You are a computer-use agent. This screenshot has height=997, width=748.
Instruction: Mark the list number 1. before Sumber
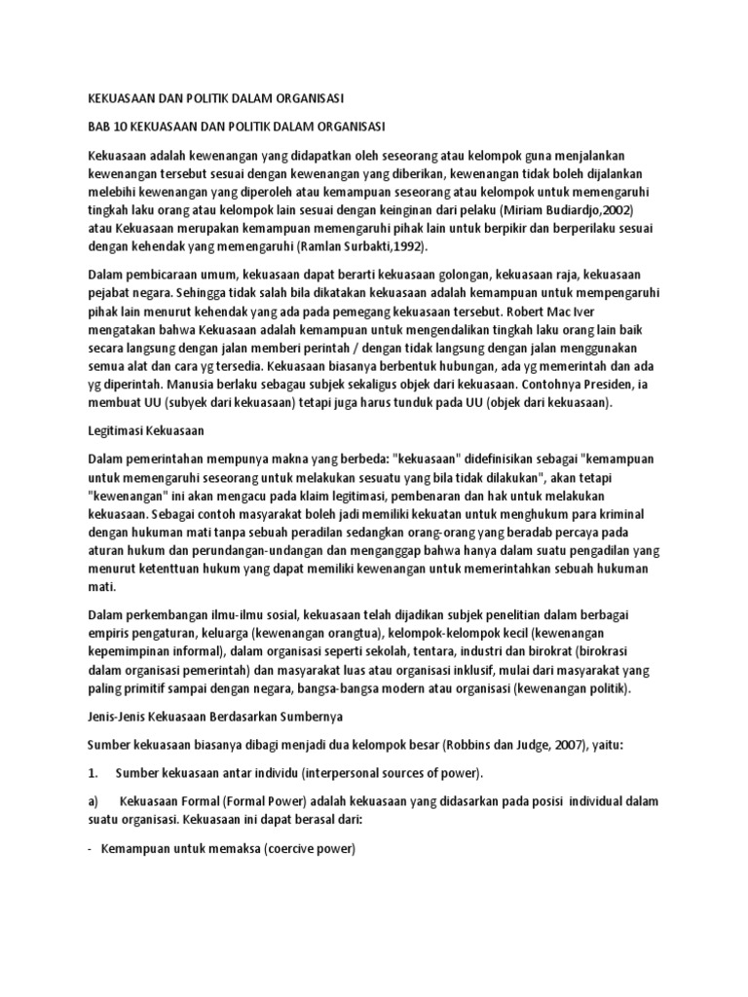tap(93, 773)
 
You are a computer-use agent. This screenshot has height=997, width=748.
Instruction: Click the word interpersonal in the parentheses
tap(352, 773)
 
